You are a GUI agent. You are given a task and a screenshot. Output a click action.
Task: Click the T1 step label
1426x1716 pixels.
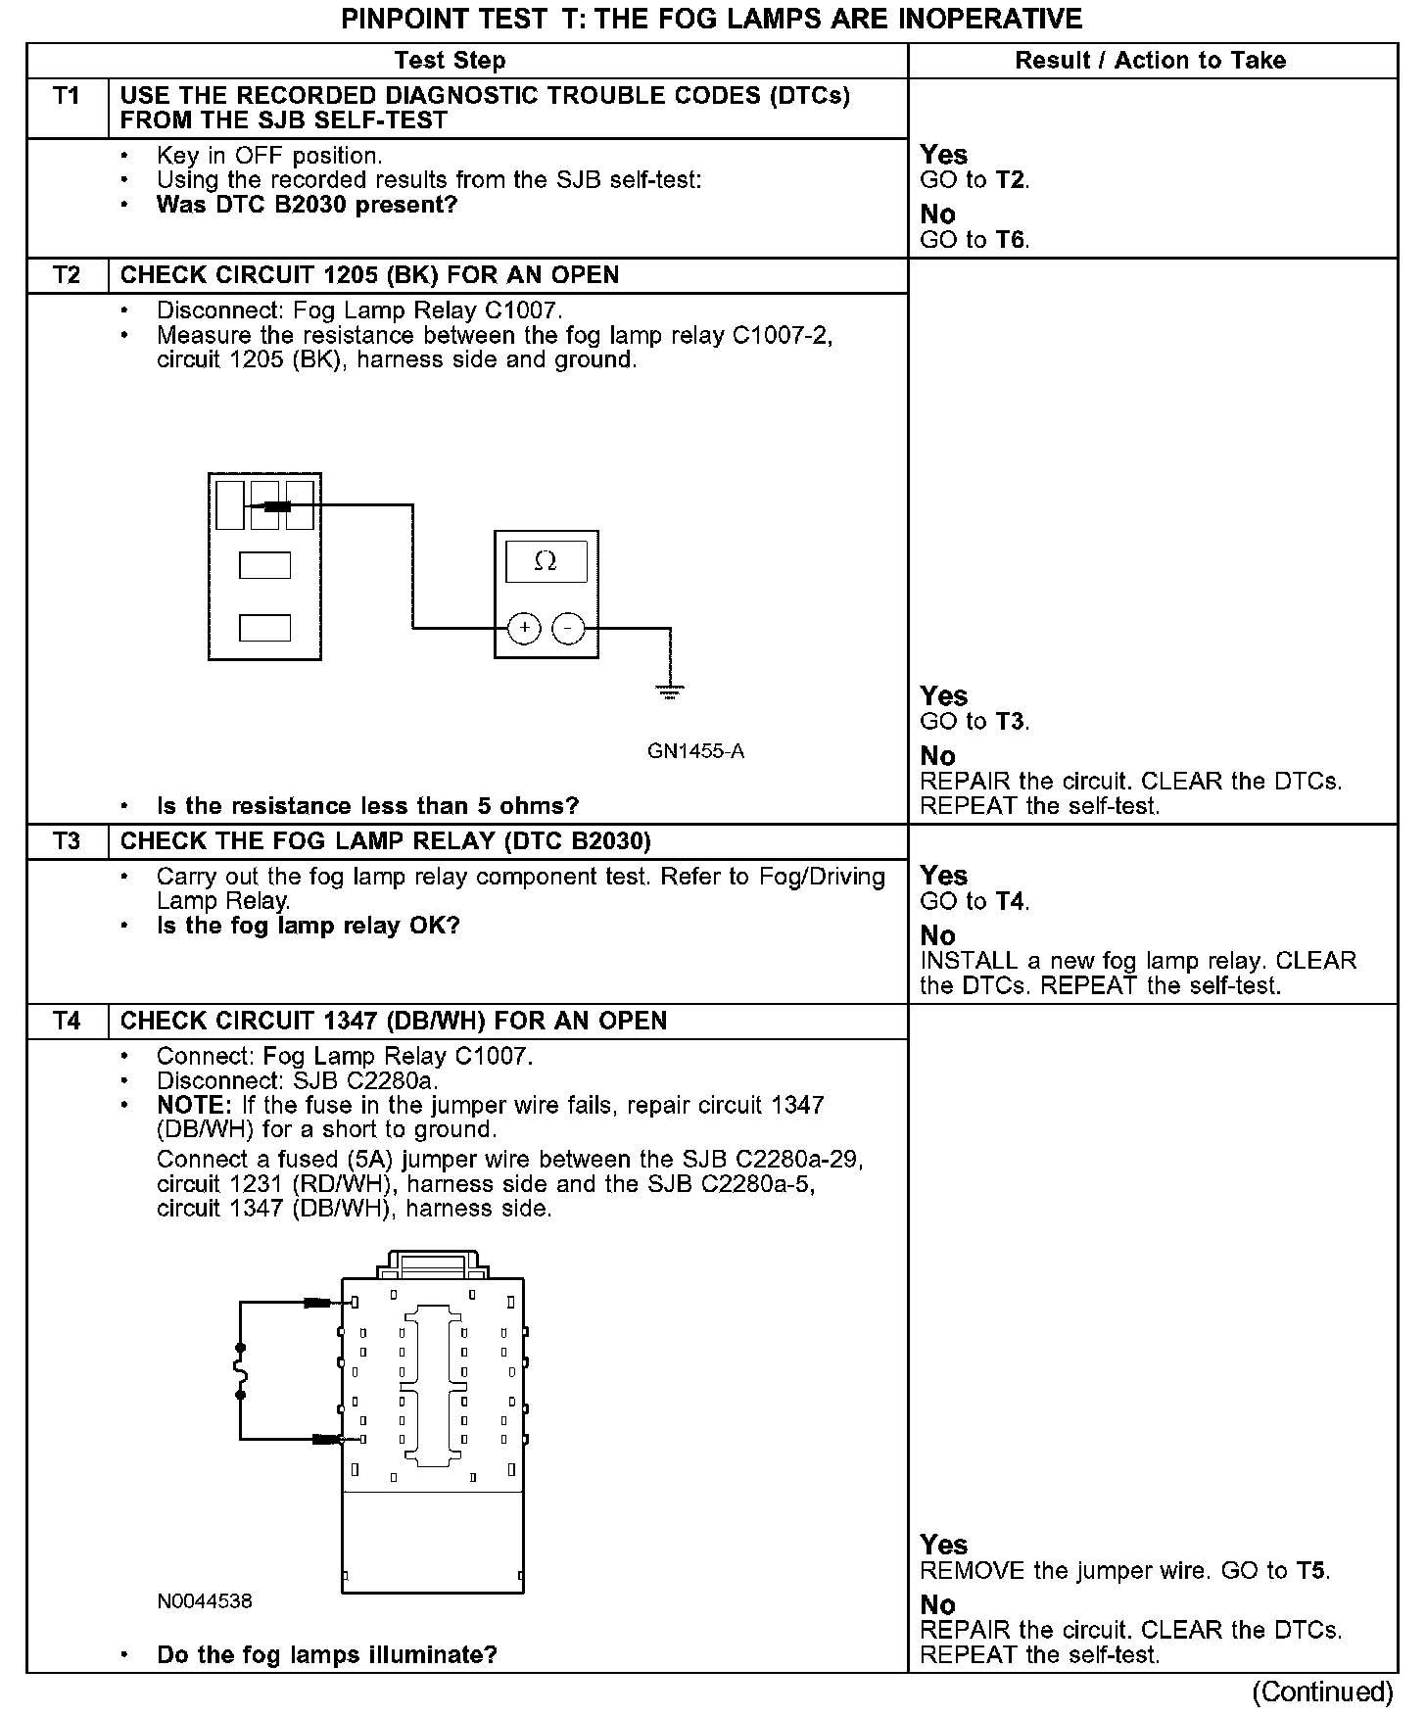pos(67,96)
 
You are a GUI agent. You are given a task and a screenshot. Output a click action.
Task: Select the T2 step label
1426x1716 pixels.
pos(67,275)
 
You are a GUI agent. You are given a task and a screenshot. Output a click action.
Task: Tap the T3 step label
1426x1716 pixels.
pos(67,841)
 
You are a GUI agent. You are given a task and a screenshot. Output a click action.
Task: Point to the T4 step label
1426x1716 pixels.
pos(67,1021)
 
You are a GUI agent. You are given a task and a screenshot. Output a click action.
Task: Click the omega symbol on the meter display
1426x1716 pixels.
pos(546,561)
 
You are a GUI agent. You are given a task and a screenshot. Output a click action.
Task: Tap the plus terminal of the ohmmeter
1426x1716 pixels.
pos(525,628)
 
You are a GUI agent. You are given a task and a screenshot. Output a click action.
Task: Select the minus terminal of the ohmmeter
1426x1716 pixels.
pos(569,628)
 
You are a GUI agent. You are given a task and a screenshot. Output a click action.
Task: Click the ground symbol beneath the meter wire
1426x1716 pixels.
pos(670,691)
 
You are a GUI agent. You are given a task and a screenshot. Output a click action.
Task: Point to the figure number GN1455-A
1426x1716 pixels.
pos(695,751)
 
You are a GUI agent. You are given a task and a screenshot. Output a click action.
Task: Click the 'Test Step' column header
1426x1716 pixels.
pos(450,61)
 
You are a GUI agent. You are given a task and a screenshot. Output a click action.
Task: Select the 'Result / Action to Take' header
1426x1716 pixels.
pos(1150,61)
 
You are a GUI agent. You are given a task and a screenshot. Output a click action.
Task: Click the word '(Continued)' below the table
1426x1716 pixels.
pos(1321,1692)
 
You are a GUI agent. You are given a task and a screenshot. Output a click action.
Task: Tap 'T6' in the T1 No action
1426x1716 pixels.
pos(1011,240)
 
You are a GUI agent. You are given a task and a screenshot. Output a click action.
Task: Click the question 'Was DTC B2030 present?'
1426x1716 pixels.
pos(307,206)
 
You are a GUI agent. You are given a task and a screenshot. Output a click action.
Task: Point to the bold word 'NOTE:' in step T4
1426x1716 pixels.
pos(193,1105)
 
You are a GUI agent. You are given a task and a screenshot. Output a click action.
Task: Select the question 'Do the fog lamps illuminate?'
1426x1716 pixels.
pos(327,1655)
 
